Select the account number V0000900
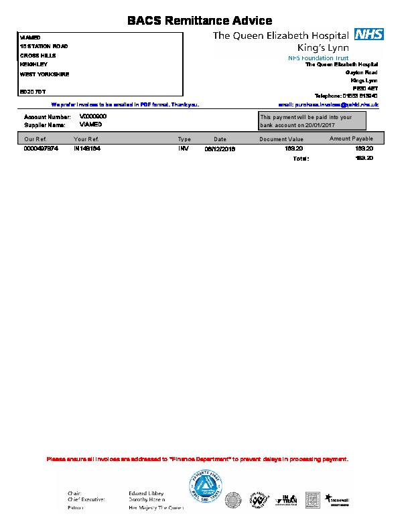click(x=93, y=116)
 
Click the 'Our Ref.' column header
click(x=35, y=139)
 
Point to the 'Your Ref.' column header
click(x=86, y=139)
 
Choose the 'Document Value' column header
click(x=281, y=139)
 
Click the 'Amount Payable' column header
click(x=351, y=139)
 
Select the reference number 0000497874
click(x=42, y=149)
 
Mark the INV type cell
click(x=183, y=149)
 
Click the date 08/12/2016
click(x=220, y=149)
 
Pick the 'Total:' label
click(x=301, y=159)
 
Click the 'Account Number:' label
click(x=47, y=117)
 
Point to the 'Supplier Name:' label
click(x=45, y=124)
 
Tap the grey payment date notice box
click(x=312, y=120)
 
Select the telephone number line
click(x=346, y=96)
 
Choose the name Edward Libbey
click(x=145, y=493)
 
